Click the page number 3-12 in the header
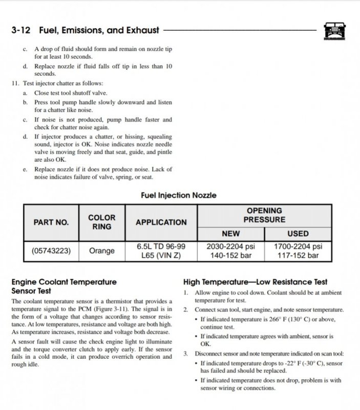click(x=23, y=31)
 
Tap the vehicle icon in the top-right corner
click(x=334, y=31)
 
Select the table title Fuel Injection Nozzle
click(x=178, y=195)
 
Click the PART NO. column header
click(x=51, y=222)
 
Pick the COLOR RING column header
click(x=102, y=222)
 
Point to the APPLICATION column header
click(x=161, y=222)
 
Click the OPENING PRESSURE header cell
click(x=264, y=215)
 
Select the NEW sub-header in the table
click(x=230, y=234)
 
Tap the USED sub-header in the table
click(x=298, y=234)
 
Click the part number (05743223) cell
click(x=51, y=251)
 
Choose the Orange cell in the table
click(x=102, y=251)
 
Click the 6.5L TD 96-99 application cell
click(x=161, y=247)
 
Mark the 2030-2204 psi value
click(x=230, y=247)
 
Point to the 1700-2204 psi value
click(x=298, y=247)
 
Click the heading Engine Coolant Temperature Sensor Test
click(x=63, y=286)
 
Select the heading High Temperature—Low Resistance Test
click(x=255, y=282)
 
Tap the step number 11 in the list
click(x=15, y=83)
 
